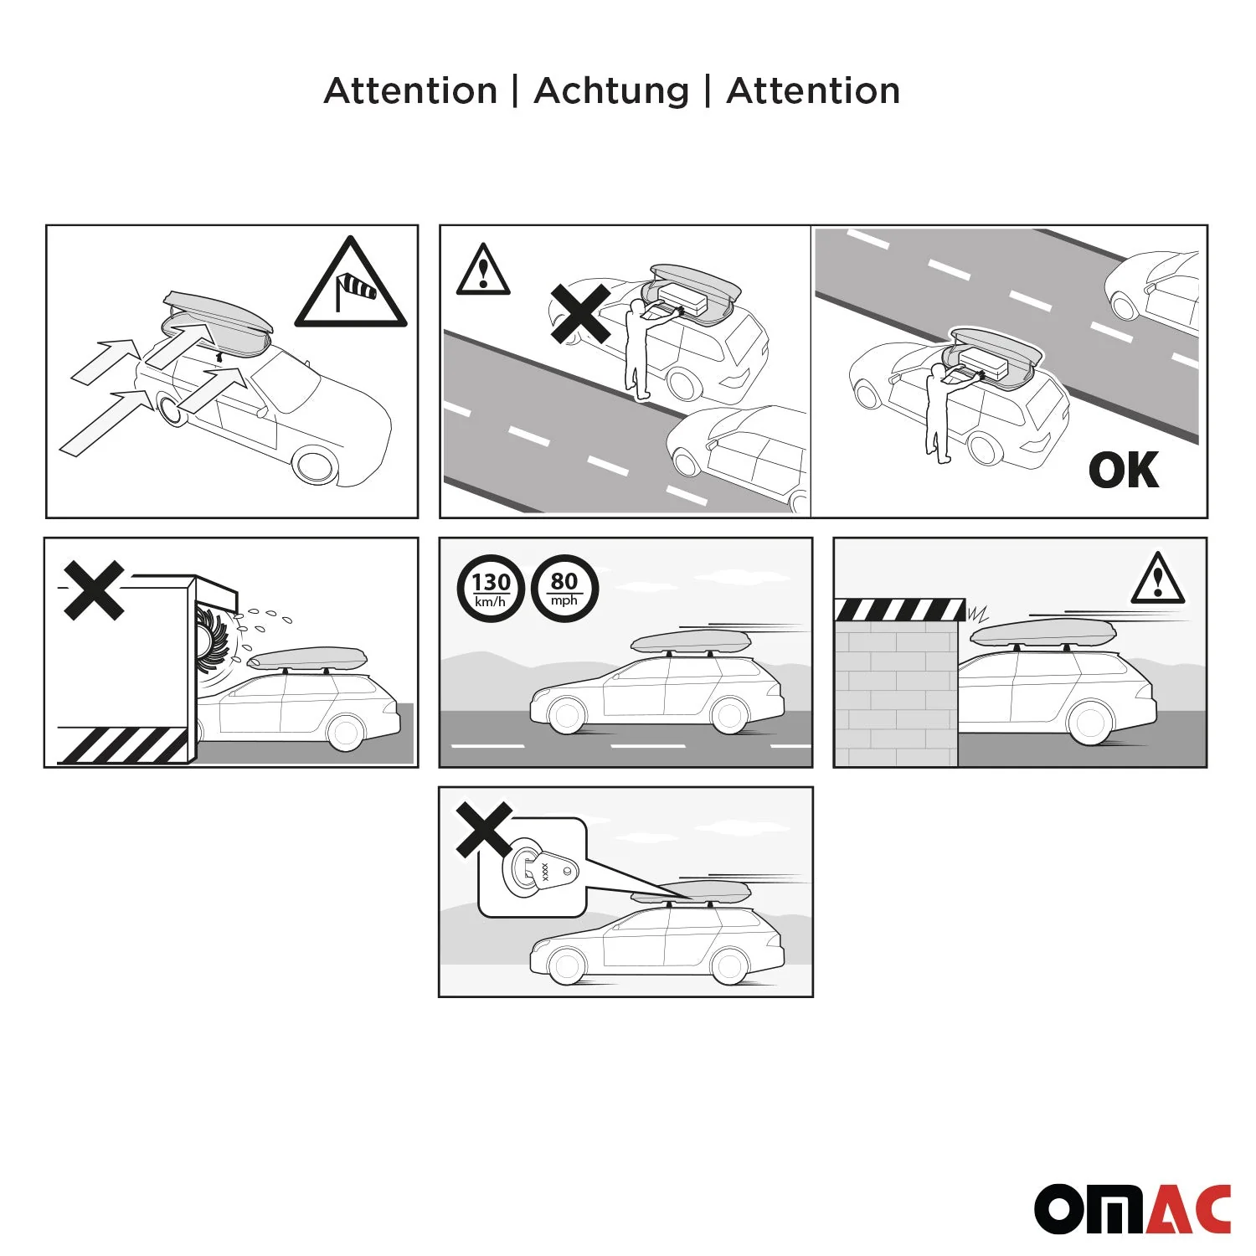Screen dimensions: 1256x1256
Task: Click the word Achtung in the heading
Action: (610, 90)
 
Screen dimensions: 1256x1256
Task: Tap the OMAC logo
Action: (1132, 1208)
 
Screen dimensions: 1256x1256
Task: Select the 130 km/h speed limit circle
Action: (490, 589)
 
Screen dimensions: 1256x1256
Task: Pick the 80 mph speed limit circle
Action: (564, 589)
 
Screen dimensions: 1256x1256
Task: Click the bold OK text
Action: (1124, 471)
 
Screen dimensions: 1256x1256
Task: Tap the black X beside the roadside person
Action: (579, 313)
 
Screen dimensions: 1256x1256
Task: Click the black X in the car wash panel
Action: (94, 590)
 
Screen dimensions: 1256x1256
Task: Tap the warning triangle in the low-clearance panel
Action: (1157, 579)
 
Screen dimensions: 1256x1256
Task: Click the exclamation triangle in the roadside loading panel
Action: (482, 270)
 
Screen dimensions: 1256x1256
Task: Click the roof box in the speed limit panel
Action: (685, 642)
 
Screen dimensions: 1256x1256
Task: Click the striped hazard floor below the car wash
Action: (122, 745)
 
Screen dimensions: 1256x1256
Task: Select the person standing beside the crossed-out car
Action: (638, 352)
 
